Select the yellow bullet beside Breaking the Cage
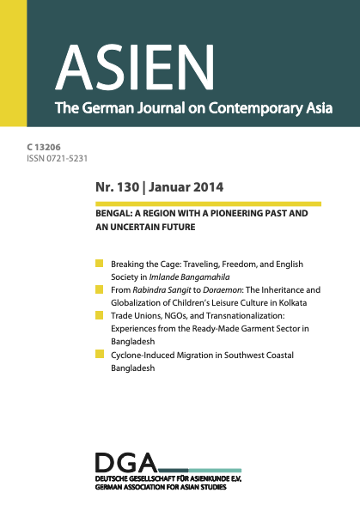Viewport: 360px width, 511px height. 100,263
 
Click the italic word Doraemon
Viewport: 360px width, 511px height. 199,290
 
